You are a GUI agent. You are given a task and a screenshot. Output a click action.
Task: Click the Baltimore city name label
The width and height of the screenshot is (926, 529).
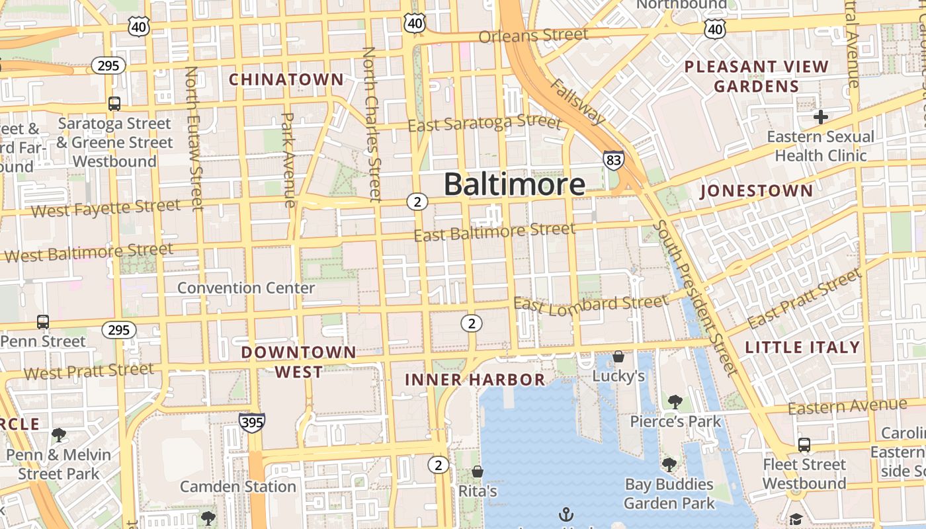click(514, 184)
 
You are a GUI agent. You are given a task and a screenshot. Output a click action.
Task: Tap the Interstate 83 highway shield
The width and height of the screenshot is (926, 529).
click(613, 159)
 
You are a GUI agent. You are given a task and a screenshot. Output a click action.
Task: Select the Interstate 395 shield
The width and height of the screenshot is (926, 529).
click(252, 422)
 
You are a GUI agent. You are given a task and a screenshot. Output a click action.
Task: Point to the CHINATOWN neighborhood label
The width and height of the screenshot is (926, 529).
click(286, 79)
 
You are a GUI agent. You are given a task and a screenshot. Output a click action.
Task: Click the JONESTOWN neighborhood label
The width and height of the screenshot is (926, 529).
click(757, 191)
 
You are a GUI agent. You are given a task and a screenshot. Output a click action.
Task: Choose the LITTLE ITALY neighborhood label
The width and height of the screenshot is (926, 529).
click(802, 347)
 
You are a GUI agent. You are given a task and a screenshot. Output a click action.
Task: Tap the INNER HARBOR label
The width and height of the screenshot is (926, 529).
click(475, 380)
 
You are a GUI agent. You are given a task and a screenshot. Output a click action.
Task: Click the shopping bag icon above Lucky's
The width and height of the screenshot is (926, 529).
click(618, 356)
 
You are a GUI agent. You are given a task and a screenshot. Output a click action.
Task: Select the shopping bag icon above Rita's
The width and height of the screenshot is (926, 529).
click(477, 471)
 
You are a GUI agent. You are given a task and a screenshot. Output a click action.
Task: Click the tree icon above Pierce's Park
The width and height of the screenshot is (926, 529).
click(675, 401)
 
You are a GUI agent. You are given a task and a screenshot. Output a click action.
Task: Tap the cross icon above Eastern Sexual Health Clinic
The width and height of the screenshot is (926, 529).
click(821, 117)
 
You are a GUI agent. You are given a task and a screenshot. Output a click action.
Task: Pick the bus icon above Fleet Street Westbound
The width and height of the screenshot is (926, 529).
click(804, 444)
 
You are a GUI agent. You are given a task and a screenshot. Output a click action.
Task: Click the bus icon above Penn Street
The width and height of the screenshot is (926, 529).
click(43, 322)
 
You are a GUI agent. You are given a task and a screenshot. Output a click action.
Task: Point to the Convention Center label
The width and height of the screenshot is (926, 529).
click(246, 288)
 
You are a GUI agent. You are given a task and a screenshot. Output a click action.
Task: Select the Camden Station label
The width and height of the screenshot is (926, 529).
click(238, 487)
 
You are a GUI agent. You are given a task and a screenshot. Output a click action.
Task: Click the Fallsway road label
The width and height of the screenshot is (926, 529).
click(576, 102)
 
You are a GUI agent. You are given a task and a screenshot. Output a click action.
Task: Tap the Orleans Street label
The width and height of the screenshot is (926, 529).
click(533, 35)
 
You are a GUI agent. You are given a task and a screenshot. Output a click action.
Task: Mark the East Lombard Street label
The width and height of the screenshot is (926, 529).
click(591, 304)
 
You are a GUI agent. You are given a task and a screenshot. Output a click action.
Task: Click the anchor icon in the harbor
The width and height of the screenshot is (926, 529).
click(566, 514)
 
